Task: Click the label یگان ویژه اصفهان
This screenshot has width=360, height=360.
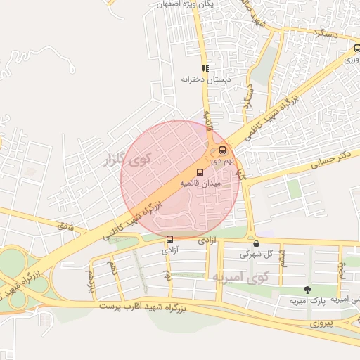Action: click(187, 4)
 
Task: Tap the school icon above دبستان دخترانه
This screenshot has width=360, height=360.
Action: click(205, 68)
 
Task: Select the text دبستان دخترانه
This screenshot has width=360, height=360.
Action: click(205, 79)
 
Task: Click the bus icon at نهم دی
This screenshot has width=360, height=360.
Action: click(223, 150)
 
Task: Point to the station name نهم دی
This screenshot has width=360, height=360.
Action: click(221, 160)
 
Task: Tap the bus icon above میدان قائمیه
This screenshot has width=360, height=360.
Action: click(200, 172)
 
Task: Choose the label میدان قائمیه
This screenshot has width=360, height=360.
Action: click(200, 183)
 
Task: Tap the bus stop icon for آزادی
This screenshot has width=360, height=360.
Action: click(169, 239)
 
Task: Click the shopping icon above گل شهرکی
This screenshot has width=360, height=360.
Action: click(256, 244)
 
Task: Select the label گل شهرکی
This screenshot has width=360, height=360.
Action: click(255, 254)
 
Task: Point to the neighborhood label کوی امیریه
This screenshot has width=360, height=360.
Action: click(239, 278)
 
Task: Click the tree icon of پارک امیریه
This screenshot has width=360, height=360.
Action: click(307, 289)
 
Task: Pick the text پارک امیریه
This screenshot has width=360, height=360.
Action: click(309, 300)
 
